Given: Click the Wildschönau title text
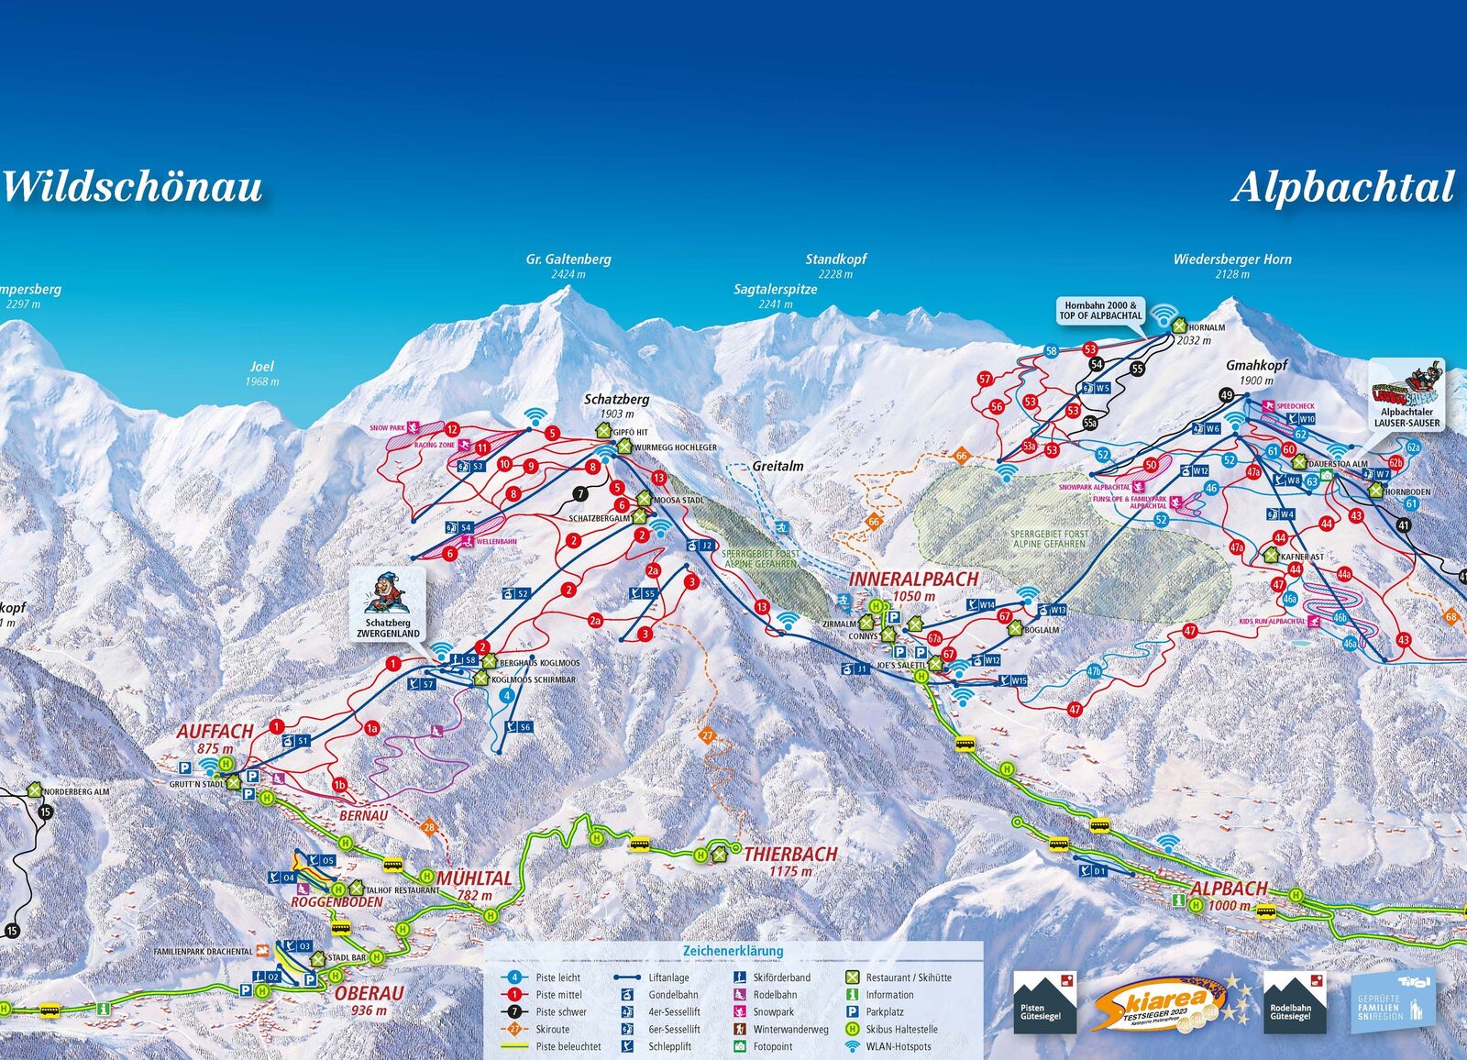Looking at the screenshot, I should (x=133, y=187).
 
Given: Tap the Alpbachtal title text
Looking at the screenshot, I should (x=1342, y=188).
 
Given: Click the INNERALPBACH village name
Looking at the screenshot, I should (x=913, y=580).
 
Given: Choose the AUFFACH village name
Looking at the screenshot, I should (x=215, y=732).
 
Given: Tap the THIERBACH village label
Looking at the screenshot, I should (x=790, y=855).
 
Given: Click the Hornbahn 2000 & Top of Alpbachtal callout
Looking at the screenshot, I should (x=1100, y=311).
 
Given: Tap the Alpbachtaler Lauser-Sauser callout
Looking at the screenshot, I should (x=1406, y=394).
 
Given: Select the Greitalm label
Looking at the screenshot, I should (x=778, y=466).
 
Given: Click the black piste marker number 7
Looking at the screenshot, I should (x=579, y=494).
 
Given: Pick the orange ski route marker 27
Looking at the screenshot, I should (x=707, y=735).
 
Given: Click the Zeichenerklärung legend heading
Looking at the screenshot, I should (x=733, y=951).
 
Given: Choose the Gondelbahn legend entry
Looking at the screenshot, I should (x=672, y=995).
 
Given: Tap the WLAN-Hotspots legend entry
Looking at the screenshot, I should (x=898, y=1046).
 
